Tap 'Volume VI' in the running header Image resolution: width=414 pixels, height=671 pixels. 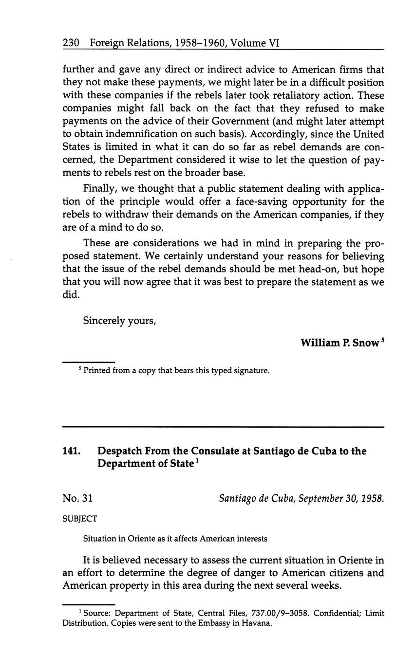pos(255,43)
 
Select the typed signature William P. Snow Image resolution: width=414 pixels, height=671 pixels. pos(339,343)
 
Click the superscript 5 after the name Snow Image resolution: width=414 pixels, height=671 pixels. pos(382,340)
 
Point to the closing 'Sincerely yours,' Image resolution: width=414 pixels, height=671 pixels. pos(119,321)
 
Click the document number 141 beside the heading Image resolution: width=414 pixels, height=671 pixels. pos(71,451)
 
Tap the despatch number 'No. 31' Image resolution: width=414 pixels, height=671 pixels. pos(77,498)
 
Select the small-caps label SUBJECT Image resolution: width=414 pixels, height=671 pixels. pos(79,519)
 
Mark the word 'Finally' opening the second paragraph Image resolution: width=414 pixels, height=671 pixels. pos(99,189)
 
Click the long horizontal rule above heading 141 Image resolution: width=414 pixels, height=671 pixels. pos(223,427)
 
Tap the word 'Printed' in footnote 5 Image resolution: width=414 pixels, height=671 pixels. pos(97,371)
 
